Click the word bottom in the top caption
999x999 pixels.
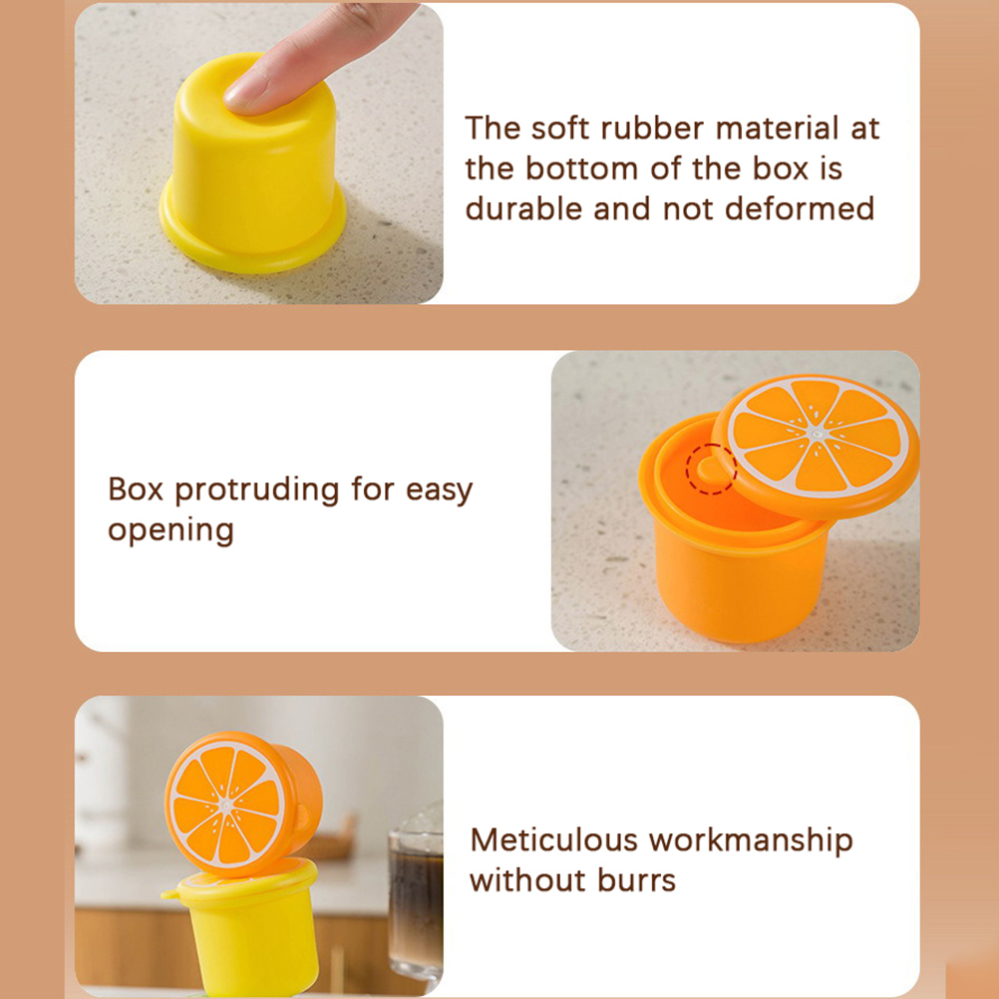581,168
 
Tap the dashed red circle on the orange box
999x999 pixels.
712,469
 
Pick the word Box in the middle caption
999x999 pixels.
136,490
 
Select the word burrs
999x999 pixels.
636,880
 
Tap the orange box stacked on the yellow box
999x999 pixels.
243,804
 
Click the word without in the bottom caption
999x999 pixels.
528,880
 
